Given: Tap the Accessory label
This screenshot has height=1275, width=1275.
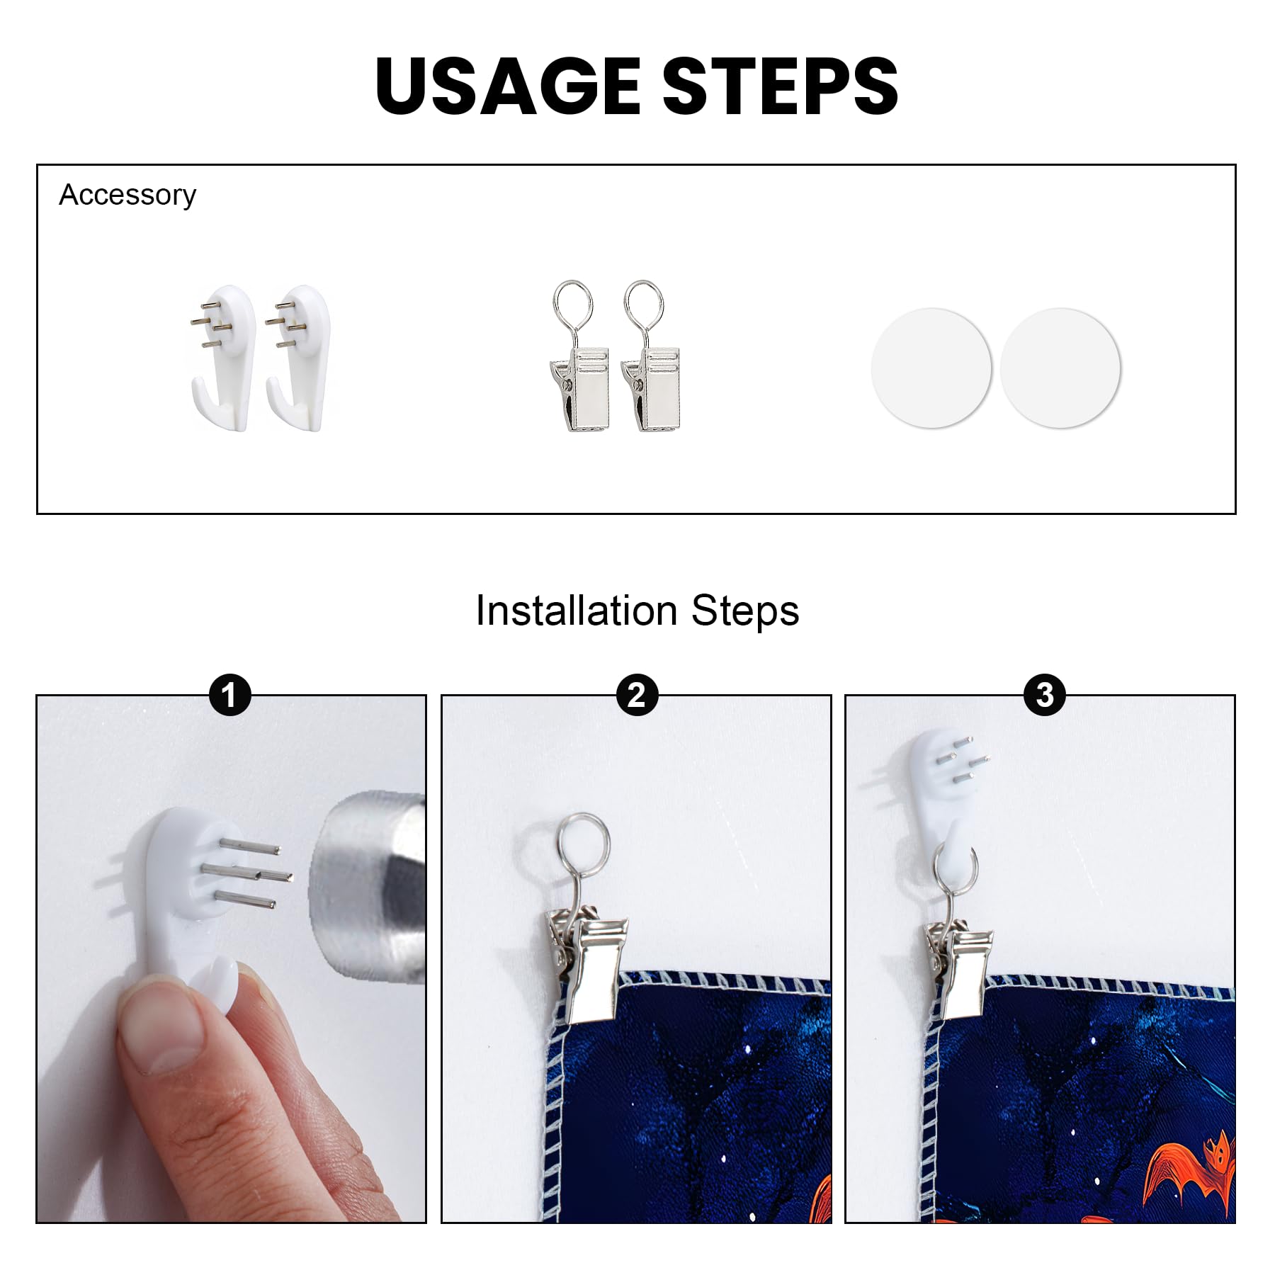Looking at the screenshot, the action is click(127, 195).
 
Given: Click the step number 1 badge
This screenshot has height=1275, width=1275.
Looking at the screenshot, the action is click(229, 696).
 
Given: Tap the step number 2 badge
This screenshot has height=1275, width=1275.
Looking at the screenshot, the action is click(637, 696).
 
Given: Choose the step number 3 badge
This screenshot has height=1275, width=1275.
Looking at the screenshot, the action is click(1044, 696).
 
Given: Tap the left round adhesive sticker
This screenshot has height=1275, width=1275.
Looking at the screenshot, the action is click(931, 368).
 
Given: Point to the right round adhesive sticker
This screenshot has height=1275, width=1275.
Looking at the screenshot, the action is click(1060, 368).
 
